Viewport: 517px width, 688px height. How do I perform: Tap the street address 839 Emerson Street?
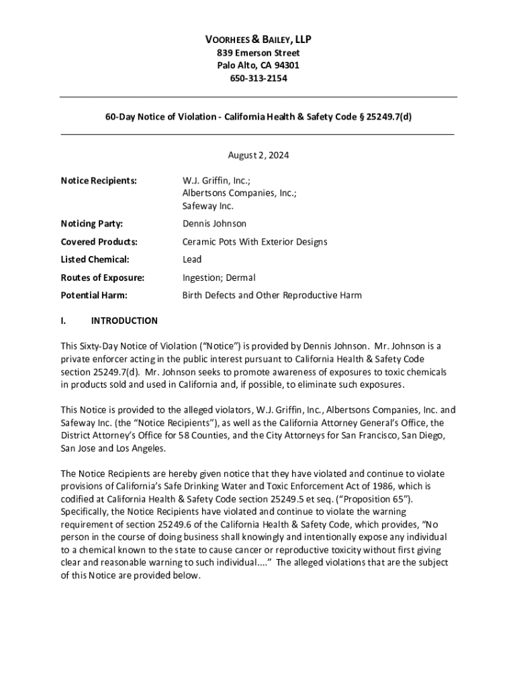[258, 53]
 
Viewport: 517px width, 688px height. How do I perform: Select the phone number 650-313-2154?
[258, 79]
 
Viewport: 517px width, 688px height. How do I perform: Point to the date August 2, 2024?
[258, 155]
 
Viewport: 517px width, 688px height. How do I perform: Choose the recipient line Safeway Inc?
[208, 206]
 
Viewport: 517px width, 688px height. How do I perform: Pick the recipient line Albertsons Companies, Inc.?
[240, 193]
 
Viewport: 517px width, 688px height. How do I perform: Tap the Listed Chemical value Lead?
[192, 259]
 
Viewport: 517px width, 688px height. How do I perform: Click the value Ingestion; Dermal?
[219, 277]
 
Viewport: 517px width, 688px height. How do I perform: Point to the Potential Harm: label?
[94, 296]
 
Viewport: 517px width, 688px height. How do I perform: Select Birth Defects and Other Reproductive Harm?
[272, 296]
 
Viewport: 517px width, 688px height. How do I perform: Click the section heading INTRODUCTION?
[124, 321]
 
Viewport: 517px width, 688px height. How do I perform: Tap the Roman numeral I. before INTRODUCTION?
[63, 321]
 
